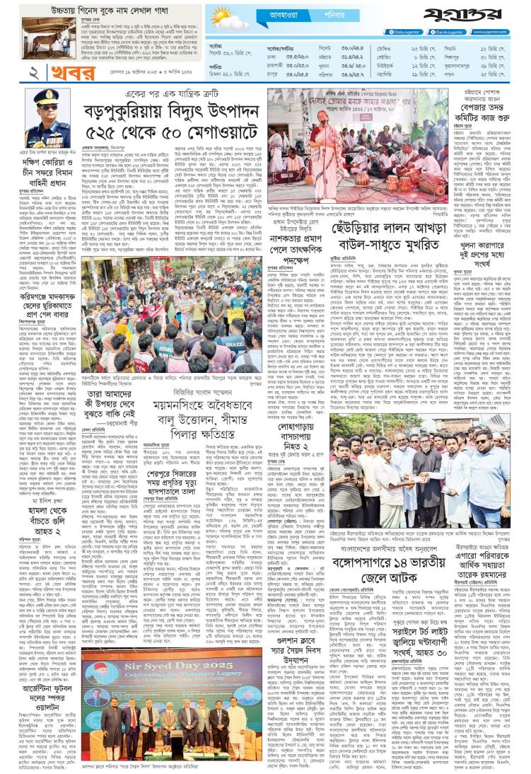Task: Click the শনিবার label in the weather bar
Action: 322,14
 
